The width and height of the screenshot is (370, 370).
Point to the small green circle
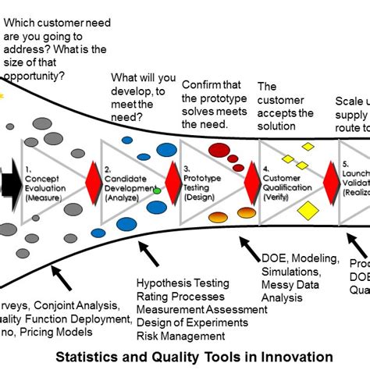[157, 190]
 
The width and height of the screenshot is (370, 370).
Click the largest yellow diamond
[309, 209]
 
